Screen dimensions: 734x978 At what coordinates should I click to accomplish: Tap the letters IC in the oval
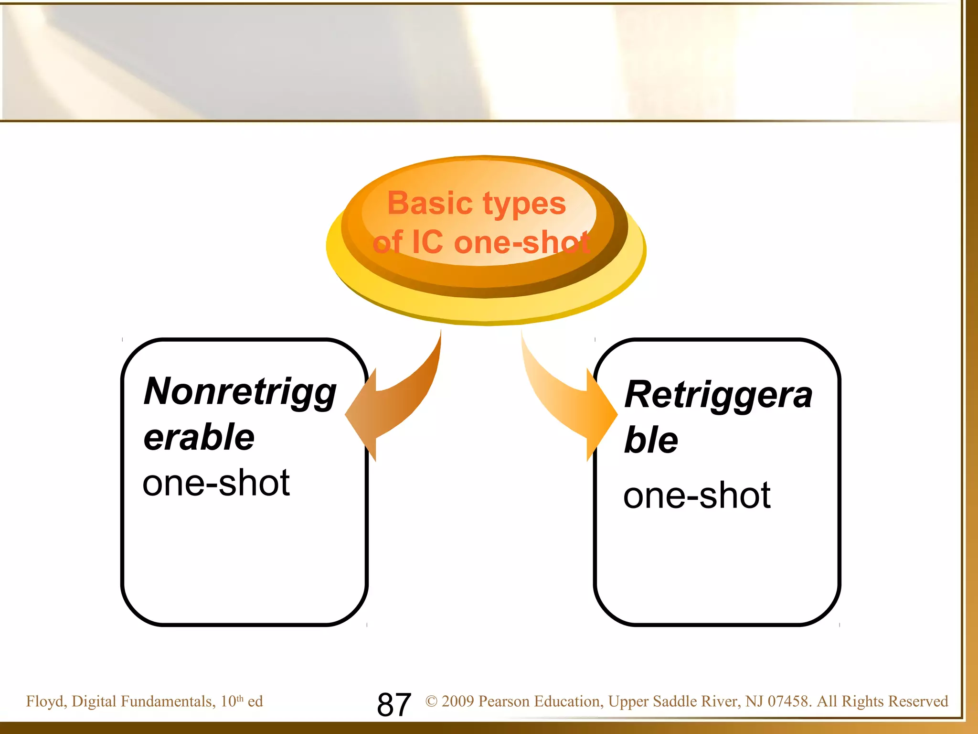pyautogui.click(x=427, y=242)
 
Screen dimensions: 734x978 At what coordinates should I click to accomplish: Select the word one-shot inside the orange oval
pyautogui.click(x=522, y=243)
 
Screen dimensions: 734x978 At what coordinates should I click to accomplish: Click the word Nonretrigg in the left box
pyautogui.click(x=240, y=392)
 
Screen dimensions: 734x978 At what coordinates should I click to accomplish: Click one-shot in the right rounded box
pyautogui.click(x=697, y=496)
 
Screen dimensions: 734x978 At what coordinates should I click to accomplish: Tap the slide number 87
pyautogui.click(x=393, y=704)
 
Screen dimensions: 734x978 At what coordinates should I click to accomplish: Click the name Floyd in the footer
pyautogui.click(x=46, y=702)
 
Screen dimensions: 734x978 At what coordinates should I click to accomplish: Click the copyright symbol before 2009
pyautogui.click(x=431, y=702)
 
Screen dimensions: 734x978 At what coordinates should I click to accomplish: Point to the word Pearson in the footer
pyautogui.click(x=503, y=702)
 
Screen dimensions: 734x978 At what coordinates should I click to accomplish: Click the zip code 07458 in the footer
pyautogui.click(x=787, y=702)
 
